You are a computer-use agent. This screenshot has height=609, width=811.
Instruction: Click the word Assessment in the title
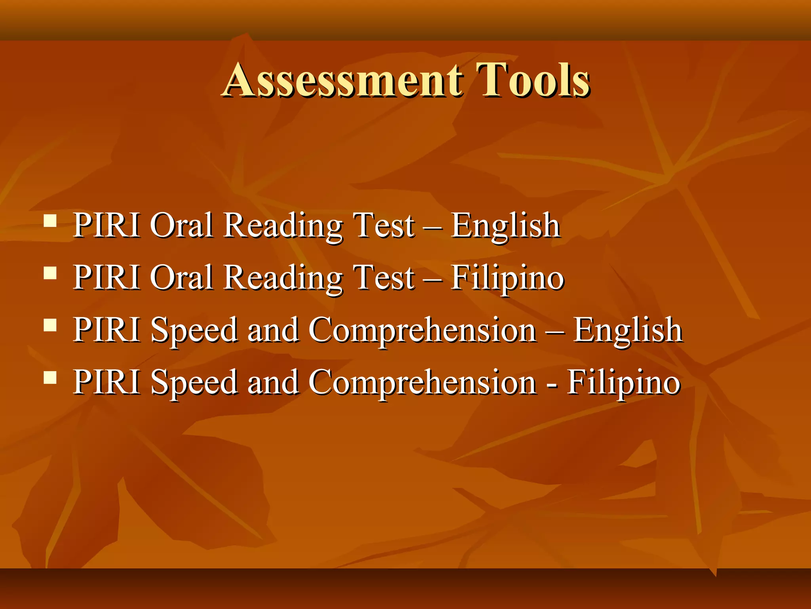point(343,80)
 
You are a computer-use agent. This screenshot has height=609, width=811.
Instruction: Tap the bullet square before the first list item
point(50,220)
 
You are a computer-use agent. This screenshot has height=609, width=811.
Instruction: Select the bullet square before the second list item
point(50,273)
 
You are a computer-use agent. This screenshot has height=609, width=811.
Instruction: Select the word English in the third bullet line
point(628,331)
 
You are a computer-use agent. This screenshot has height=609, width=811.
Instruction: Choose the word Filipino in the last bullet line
point(624,383)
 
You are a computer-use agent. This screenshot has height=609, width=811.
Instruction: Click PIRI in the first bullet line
point(107,225)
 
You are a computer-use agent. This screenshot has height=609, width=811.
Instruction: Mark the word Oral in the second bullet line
point(182,278)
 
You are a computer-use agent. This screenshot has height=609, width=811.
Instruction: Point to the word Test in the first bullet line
point(383,225)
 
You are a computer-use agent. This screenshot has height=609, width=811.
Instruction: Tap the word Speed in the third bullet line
point(194,331)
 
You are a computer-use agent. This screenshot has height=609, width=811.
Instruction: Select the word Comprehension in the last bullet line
point(422,383)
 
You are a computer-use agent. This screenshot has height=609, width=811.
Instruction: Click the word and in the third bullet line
point(273,330)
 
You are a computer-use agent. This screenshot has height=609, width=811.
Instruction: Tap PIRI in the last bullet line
point(107,382)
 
